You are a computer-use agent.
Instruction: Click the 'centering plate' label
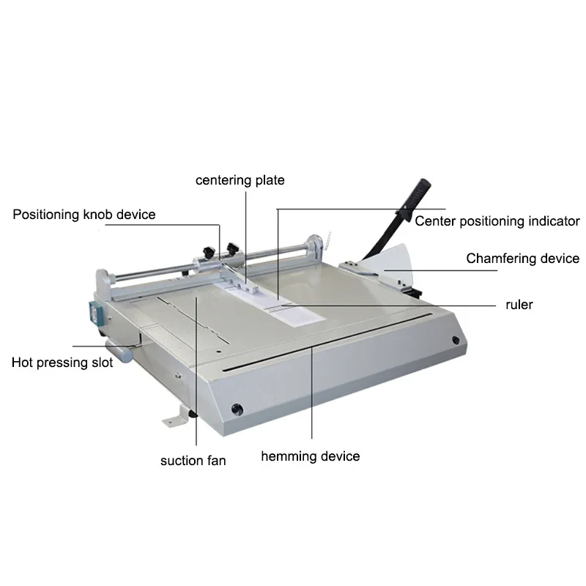(x=240, y=179)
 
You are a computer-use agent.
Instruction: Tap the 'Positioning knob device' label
(x=84, y=215)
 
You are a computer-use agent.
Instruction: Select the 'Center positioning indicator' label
(x=497, y=220)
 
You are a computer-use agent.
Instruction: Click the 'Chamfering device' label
(x=523, y=259)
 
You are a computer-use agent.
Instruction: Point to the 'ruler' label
(x=519, y=304)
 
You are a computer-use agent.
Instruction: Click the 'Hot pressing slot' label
(x=62, y=362)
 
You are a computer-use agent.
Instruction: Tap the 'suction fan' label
(x=193, y=461)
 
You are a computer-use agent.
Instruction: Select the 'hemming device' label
(x=311, y=456)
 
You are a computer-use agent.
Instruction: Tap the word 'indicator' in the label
(x=550, y=220)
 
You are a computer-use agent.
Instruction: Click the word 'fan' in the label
(x=215, y=461)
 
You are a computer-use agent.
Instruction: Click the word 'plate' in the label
(x=269, y=179)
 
